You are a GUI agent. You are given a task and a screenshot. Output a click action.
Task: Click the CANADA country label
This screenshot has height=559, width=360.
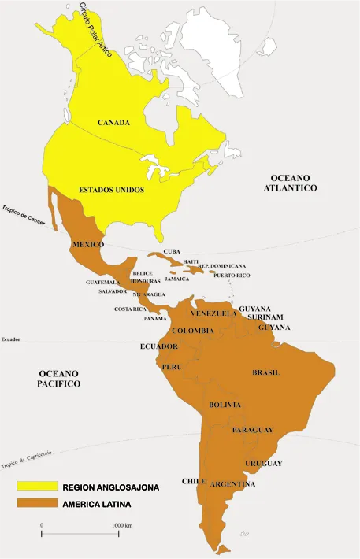click(113, 124)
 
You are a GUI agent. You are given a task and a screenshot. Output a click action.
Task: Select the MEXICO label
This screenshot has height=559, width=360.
click(88, 245)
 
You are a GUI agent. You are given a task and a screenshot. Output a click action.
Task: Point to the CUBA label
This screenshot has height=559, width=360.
click(172, 252)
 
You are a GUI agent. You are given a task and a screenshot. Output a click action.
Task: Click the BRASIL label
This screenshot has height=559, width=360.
click(266, 372)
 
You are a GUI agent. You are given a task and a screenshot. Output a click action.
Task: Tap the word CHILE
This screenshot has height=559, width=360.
click(194, 481)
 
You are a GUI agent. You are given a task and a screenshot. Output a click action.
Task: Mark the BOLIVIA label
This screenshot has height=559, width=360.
click(225, 405)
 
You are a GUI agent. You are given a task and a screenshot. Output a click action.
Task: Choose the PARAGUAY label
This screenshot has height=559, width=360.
click(253, 430)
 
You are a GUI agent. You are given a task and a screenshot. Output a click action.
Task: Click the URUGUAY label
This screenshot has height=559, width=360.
click(264, 463)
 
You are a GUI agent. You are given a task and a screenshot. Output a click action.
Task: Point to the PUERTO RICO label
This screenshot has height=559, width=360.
click(232, 276)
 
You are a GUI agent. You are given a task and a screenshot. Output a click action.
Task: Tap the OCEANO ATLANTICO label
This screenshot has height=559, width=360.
click(291, 183)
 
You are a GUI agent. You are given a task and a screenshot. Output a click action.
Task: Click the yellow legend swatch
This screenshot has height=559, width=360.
click(36, 487)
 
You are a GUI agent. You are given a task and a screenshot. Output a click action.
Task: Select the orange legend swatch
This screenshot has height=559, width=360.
click(36, 503)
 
